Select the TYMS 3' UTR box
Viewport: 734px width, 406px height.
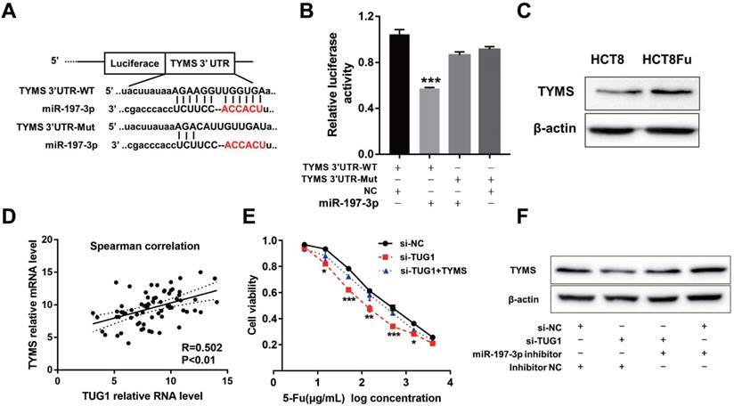pyautogui.click(x=202, y=64)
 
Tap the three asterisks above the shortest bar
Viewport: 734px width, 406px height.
pyautogui.click(x=430, y=81)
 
